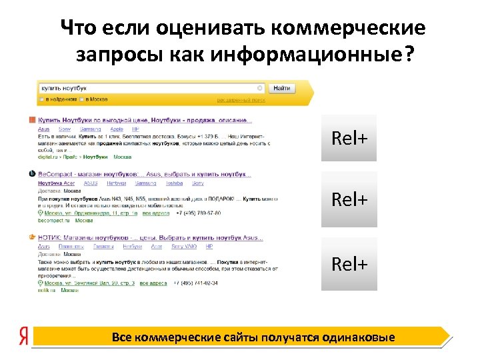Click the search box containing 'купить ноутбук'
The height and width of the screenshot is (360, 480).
(x=150, y=88)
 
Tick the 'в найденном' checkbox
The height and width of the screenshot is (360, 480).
(x=41, y=99)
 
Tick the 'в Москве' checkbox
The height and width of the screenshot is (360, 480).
(x=82, y=99)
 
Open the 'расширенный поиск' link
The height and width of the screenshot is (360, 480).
(x=241, y=100)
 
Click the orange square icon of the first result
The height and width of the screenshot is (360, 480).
(x=32, y=120)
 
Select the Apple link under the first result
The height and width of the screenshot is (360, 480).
(x=117, y=129)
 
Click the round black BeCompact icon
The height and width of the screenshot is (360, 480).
(x=32, y=173)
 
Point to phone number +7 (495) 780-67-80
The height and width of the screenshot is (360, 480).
(x=197, y=213)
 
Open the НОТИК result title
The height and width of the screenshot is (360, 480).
(x=150, y=237)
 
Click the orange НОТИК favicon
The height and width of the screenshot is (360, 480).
(x=32, y=237)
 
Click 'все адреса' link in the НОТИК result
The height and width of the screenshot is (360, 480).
(x=154, y=283)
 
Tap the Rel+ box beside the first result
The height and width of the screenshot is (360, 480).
(x=349, y=138)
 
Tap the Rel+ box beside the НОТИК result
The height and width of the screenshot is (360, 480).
(x=349, y=264)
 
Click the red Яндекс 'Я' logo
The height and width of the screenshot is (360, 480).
(x=24, y=337)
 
